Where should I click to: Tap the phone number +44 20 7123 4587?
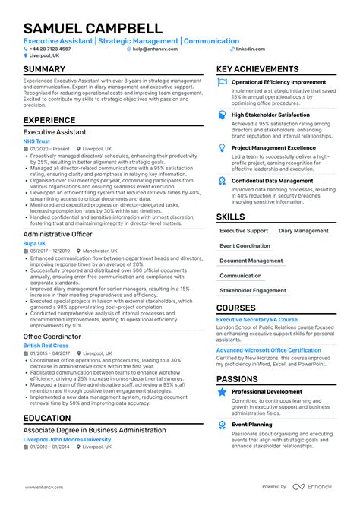pyautogui.click(x=53, y=49)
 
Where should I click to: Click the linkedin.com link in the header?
pyautogui.click(x=251, y=49)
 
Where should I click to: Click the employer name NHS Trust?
pyautogui.click(x=37, y=141)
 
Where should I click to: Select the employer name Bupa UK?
pyautogui.click(x=35, y=242)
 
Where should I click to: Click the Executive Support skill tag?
pyautogui.click(x=243, y=231)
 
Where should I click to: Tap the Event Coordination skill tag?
pyautogui.click(x=245, y=246)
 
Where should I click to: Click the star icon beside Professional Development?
pyautogui.click(x=222, y=391)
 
